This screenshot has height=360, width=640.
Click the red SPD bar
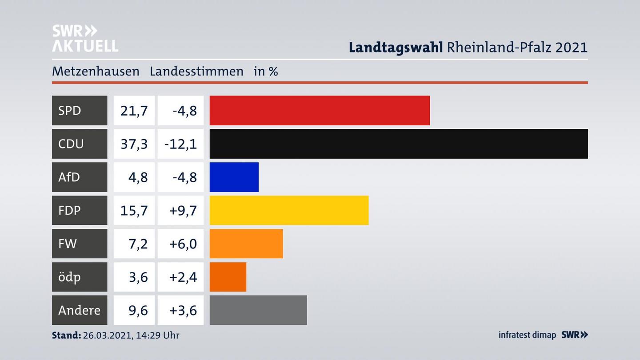[x=320, y=110]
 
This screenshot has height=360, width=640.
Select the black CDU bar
[x=399, y=144]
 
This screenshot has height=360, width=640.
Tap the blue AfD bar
[x=234, y=177]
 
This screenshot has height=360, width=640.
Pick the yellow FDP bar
[x=289, y=210]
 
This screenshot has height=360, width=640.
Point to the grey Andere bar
[x=258, y=310]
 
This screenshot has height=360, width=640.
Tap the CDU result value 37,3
[x=134, y=144]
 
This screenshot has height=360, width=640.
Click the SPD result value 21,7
[x=134, y=110]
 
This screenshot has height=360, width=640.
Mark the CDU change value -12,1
[x=180, y=144]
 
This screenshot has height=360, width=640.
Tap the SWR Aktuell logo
[x=85, y=38]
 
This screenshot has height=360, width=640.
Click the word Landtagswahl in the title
[x=396, y=47]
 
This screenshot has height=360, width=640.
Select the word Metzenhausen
[x=96, y=71]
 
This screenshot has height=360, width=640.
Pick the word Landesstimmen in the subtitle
[x=196, y=71]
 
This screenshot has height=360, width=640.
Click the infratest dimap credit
[x=527, y=335]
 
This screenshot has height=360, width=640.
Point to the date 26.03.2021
[x=106, y=335]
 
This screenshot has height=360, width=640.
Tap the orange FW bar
[x=246, y=244]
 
